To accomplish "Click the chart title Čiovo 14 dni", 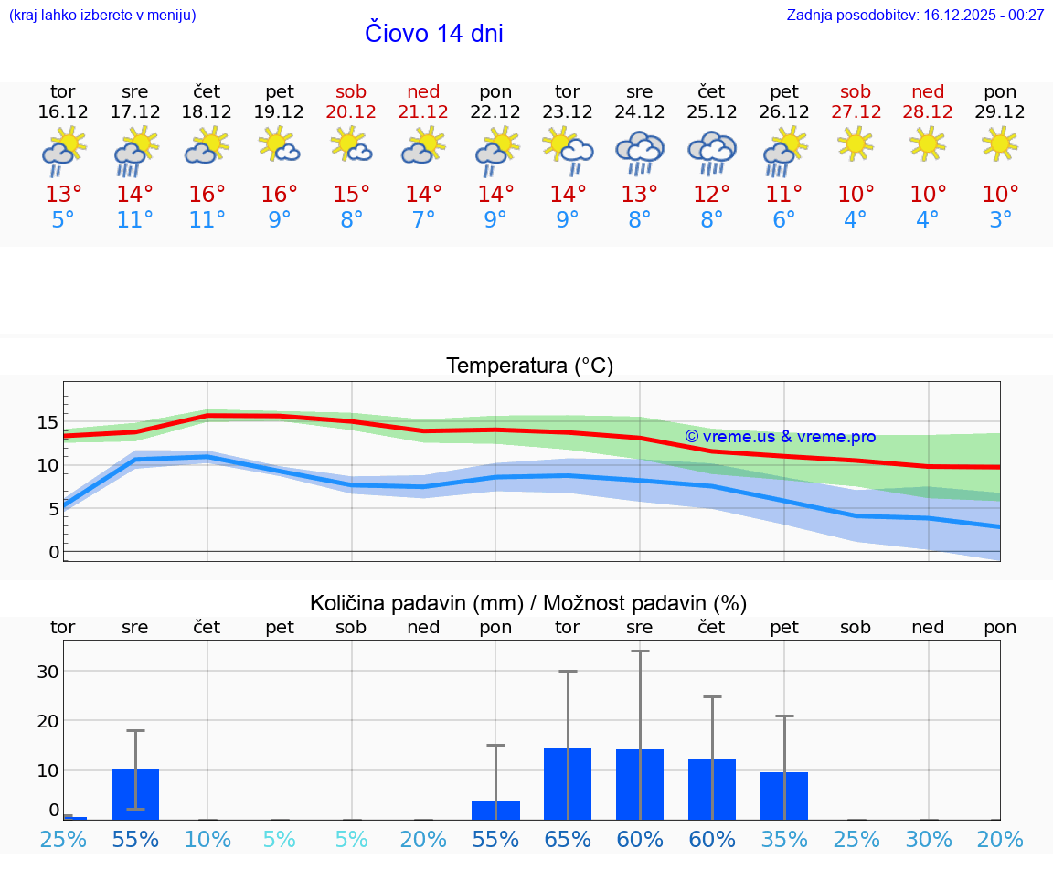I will (x=433, y=34).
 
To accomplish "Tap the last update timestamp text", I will (x=915, y=16).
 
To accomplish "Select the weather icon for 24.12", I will (x=640, y=152).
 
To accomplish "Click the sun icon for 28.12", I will (x=928, y=143).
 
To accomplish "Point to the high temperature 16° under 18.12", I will (x=207, y=195).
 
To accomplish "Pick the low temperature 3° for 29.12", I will (x=1000, y=220).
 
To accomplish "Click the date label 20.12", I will (x=351, y=112).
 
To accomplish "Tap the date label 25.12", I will (x=712, y=112).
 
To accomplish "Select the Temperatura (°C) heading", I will (x=529, y=366).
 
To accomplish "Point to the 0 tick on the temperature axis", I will (x=54, y=552).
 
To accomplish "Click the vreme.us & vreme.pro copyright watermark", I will (x=780, y=437).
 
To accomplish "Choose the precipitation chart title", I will (x=528, y=603).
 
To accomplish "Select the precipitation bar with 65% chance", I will (x=568, y=783).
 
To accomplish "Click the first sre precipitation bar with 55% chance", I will (x=135, y=794).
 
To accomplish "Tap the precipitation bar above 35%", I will (x=784, y=795).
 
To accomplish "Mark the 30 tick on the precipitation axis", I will (x=48, y=671).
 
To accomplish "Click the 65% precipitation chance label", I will (x=568, y=840).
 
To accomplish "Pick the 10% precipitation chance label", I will (x=207, y=840).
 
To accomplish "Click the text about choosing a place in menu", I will (x=102, y=16).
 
